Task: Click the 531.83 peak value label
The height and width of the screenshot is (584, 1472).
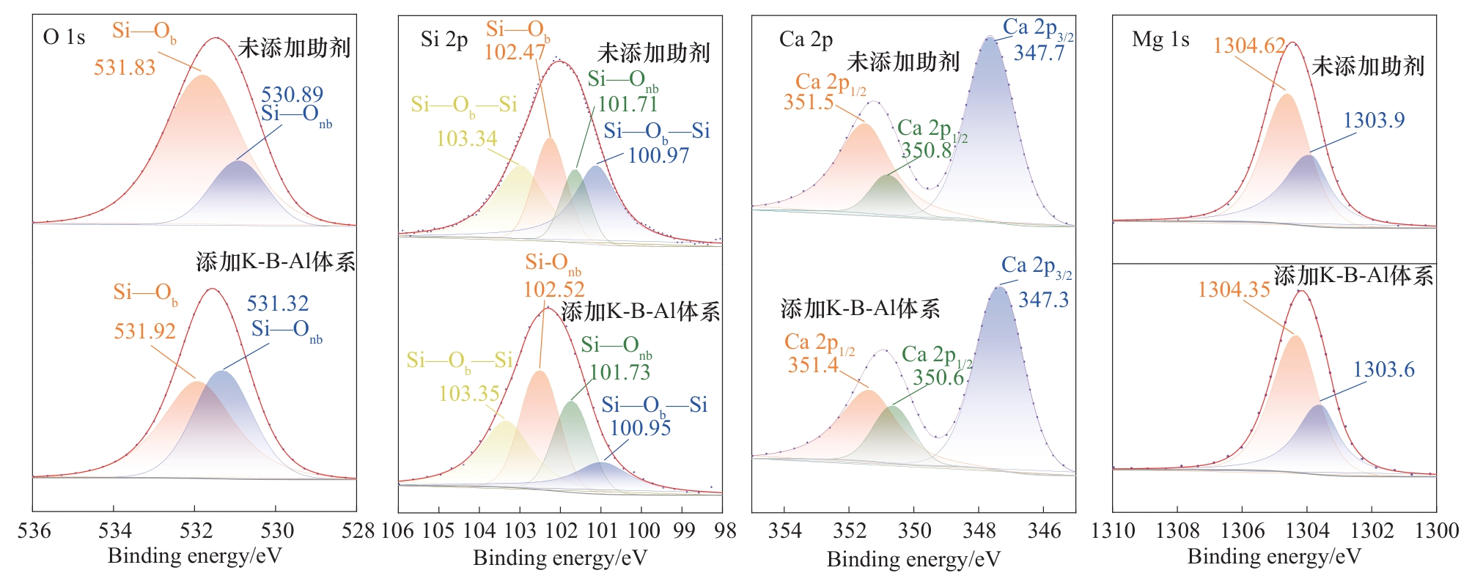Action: pyautogui.click(x=125, y=68)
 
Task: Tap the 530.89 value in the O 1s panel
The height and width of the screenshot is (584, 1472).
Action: pyautogui.click(x=292, y=95)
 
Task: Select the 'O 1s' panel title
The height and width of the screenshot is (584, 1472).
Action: pyautogui.click(x=65, y=37)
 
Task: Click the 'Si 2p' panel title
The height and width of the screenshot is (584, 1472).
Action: pyautogui.click(x=444, y=40)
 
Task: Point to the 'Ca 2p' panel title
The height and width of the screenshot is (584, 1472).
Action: pyautogui.click(x=806, y=40)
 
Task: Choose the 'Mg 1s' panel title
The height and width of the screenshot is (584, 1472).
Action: pyautogui.click(x=1160, y=40)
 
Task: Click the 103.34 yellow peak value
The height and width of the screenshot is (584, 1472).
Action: pyautogui.click(x=466, y=138)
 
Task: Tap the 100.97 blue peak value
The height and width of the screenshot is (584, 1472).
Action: pyautogui.click(x=658, y=155)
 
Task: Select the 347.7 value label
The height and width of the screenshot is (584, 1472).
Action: pyautogui.click(x=1039, y=53)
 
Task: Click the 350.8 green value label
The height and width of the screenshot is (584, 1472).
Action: pyautogui.click(x=926, y=150)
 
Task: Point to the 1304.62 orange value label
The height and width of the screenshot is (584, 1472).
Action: pyautogui.click(x=1249, y=46)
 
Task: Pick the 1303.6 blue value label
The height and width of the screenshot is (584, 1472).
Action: pyautogui.click(x=1383, y=369)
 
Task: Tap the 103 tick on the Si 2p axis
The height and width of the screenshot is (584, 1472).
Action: pyautogui.click(x=520, y=531)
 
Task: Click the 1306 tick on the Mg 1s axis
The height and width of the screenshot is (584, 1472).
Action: pyautogui.click(x=1242, y=531)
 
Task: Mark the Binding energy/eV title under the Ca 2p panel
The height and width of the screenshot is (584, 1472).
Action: pyautogui.click(x=913, y=560)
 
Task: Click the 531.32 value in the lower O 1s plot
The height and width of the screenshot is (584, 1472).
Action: pyautogui.click(x=277, y=303)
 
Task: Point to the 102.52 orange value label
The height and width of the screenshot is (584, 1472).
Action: pyautogui.click(x=553, y=289)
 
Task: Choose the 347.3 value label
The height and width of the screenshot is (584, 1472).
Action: pyautogui.click(x=1043, y=300)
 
